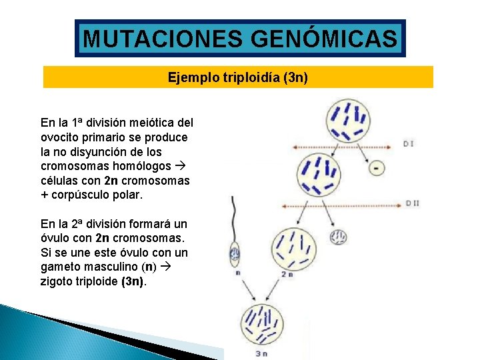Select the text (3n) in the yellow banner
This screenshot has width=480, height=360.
pos(295,78)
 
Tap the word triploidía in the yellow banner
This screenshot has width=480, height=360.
pos(247,78)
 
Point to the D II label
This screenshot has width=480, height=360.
pos(412,203)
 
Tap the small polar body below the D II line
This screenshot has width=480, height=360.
pos(339,237)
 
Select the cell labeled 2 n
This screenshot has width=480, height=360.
pos(291,247)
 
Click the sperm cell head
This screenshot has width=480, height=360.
pos(235,253)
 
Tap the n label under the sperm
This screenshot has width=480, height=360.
pos(238,272)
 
